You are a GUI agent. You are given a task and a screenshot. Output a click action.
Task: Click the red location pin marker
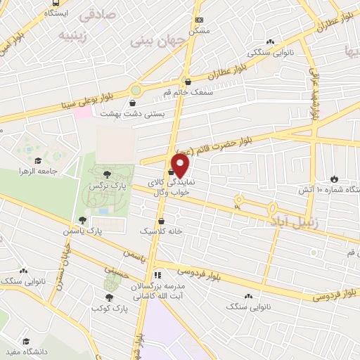[181, 166]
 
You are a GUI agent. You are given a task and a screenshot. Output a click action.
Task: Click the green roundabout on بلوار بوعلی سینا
[135, 90]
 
